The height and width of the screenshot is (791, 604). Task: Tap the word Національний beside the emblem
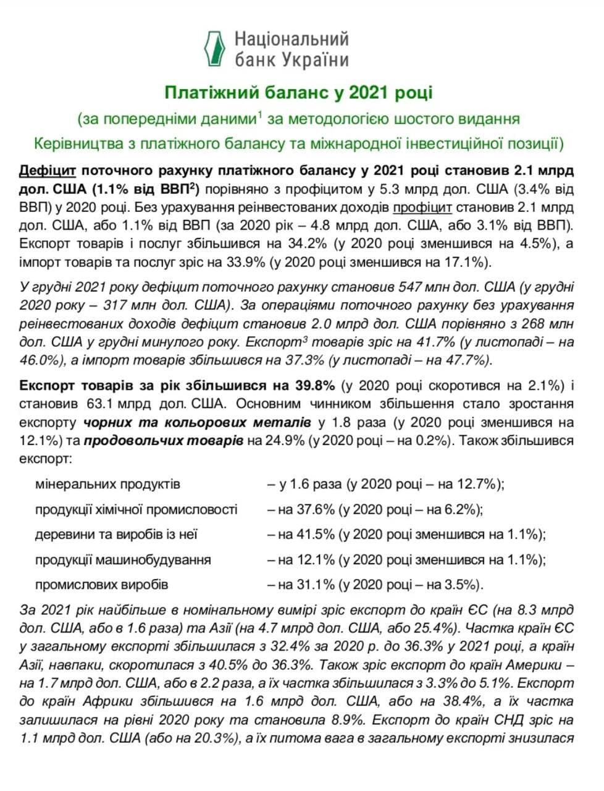coord(292,40)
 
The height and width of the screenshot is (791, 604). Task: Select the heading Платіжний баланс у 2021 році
coord(298,93)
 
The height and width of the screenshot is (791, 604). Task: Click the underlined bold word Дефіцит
coord(48,170)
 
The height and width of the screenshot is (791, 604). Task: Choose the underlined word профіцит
coord(422,206)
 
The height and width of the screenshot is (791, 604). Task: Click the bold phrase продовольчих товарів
coord(163,441)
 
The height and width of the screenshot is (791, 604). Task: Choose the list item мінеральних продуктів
coord(107,484)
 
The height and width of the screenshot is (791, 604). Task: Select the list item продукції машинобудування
coord(123,560)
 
